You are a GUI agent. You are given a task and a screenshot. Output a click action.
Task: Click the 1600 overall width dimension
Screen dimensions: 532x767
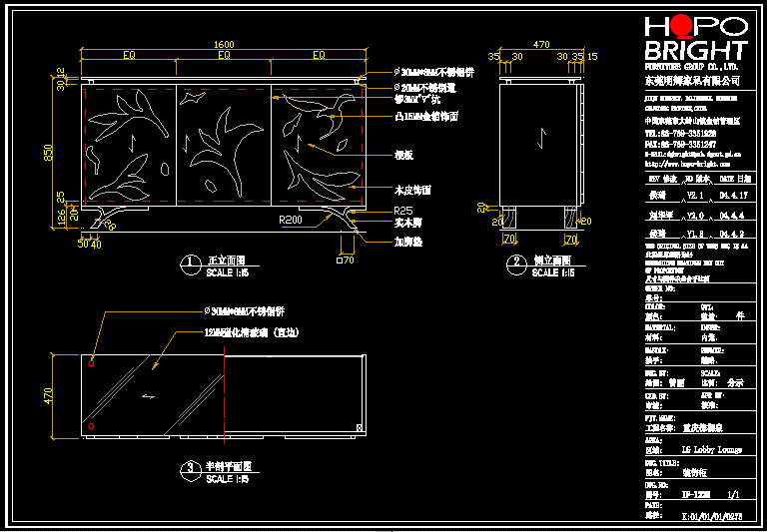[x=224, y=44]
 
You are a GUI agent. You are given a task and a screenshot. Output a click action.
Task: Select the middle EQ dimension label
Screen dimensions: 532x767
[x=224, y=56]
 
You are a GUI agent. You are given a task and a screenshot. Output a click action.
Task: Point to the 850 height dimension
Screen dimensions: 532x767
[x=48, y=151]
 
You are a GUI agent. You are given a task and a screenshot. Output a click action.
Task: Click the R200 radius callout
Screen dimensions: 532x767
[x=292, y=219]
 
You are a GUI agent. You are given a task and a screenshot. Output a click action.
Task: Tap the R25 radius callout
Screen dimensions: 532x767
[x=403, y=211]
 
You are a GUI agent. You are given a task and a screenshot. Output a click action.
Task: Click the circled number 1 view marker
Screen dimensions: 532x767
[x=189, y=264]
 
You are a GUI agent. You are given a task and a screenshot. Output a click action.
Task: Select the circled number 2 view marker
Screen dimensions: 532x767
[x=516, y=264]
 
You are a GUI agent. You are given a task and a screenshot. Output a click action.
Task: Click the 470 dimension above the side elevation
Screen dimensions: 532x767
[x=541, y=44]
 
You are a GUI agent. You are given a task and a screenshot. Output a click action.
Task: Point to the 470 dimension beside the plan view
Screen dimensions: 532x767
[x=48, y=396]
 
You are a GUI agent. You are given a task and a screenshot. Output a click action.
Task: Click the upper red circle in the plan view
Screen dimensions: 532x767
[x=91, y=364]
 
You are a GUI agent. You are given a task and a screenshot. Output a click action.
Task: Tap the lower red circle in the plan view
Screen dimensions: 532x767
[x=91, y=426]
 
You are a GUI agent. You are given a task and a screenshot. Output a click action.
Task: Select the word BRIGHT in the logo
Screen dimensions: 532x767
[x=695, y=51]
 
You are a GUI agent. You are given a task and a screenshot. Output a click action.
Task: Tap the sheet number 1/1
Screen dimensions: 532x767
[x=733, y=493]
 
